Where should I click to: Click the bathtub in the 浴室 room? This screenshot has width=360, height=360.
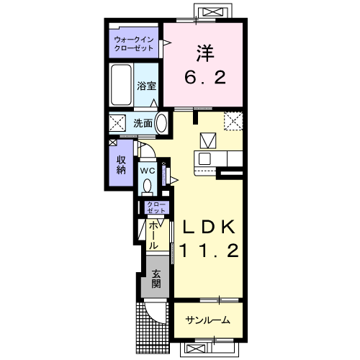tap(121, 85)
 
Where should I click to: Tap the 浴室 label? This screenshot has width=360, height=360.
tap(146, 86)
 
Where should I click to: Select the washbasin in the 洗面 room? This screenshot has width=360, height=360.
tap(161, 123)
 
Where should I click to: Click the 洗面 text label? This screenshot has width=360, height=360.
tap(143, 123)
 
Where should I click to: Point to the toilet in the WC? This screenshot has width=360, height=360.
tap(147, 186)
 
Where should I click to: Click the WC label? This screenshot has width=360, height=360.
tap(148, 171)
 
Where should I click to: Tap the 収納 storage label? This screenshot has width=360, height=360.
tap(121, 165)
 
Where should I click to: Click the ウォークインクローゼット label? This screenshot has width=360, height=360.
tap(134, 43)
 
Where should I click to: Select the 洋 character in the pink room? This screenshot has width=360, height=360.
tap(205, 53)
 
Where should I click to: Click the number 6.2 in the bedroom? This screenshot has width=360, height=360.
tap(205, 77)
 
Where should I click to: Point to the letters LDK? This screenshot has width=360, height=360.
tap(209, 227)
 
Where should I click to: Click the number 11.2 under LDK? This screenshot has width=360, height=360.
tap(209, 251)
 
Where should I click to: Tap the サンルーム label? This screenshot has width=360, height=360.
tap(208, 320)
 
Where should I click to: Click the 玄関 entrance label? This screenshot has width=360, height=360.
tap(156, 279)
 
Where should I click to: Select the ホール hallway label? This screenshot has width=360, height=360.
tap(153, 235)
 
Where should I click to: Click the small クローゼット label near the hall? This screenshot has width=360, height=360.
tap(156, 207)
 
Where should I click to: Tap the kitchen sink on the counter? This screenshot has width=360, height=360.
tap(204, 158)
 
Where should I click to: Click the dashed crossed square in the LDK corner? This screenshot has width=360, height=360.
tap(233, 121)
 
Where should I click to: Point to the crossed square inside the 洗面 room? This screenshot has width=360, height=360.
tap(117, 123)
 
